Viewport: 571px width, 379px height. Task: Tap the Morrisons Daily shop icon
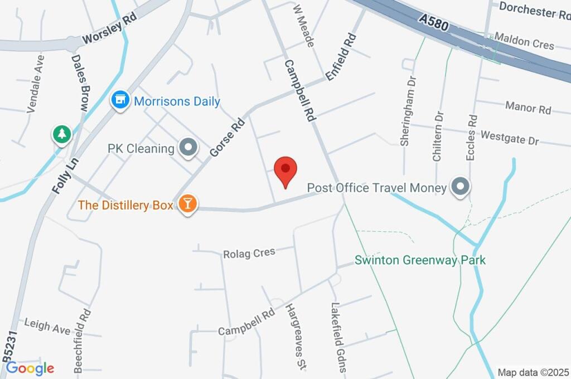pos(119,101)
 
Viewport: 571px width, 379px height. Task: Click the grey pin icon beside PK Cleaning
pos(188,148)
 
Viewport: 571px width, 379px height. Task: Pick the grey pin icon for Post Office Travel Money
pos(461,187)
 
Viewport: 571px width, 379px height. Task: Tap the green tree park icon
pos(61,134)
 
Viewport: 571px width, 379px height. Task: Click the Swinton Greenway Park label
pos(420,260)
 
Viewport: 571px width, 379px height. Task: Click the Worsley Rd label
pos(109,30)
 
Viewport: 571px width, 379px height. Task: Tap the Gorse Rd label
pos(227,137)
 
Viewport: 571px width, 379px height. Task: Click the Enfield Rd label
pos(341,57)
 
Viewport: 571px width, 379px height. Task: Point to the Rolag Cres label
pos(249,252)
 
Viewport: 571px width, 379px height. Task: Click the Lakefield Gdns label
pos(339,337)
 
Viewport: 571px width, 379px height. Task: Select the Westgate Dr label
pos(510,138)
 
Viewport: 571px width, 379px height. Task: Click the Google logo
pos(30,368)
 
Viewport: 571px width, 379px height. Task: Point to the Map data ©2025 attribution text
pos(533,372)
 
